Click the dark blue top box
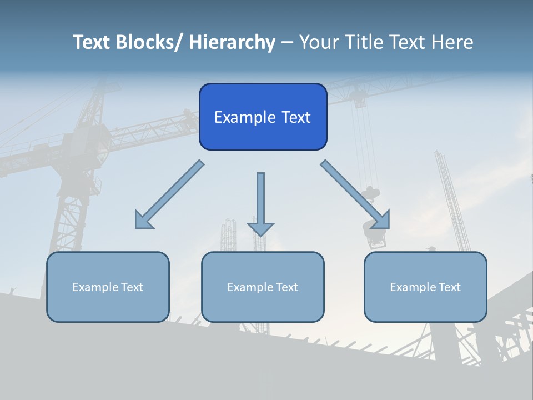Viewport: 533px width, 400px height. point(263,117)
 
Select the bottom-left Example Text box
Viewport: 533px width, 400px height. point(108,287)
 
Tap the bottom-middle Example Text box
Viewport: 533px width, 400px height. point(263,287)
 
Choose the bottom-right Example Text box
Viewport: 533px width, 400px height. point(425,287)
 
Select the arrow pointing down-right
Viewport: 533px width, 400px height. point(355,195)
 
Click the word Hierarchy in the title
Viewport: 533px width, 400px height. point(232,42)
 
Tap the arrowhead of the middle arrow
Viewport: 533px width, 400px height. point(260,228)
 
